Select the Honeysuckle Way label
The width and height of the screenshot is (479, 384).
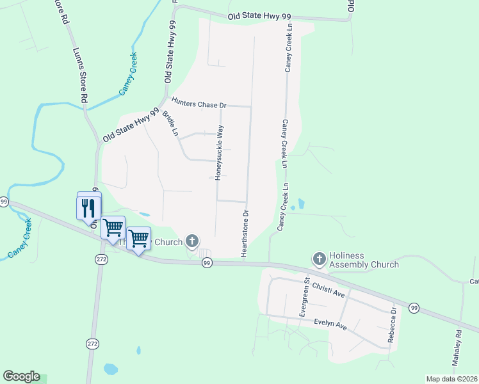pyautogui.click(x=220, y=153)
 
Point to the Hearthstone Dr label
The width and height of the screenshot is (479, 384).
pyautogui.click(x=245, y=233)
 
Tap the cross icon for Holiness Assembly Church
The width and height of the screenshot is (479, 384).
pyautogui.click(x=319, y=259)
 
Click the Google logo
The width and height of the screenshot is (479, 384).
pyautogui.click(x=21, y=376)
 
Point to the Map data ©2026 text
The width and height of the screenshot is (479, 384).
pyautogui.click(x=451, y=379)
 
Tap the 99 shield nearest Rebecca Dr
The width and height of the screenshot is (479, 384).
pyautogui.click(x=414, y=308)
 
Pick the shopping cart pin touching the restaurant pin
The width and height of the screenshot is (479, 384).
pyautogui.click(x=113, y=227)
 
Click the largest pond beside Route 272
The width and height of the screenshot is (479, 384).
pyautogui.click(x=111, y=369)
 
